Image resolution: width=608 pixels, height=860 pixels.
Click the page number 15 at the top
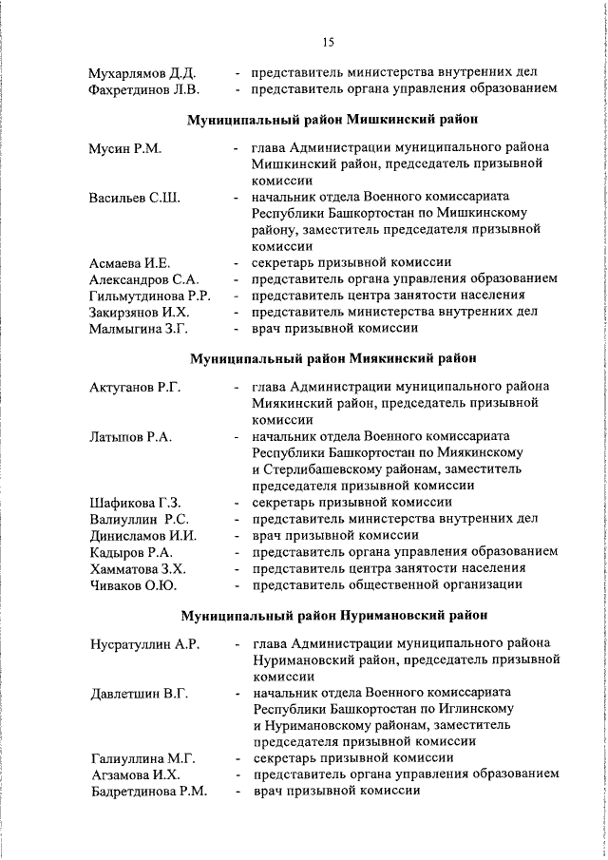point(328,42)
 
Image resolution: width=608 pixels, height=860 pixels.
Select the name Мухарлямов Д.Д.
point(142,72)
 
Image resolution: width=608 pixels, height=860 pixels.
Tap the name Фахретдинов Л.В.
point(143,89)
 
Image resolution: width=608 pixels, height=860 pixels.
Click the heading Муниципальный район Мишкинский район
point(332,121)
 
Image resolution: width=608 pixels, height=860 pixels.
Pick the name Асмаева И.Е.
point(130,263)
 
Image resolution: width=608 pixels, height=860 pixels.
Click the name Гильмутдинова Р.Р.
point(150,296)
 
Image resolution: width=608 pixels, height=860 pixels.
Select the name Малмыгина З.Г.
point(139,329)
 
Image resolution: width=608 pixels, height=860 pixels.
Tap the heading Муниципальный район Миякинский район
point(332,359)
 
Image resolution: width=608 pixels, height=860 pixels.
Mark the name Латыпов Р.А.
point(130,436)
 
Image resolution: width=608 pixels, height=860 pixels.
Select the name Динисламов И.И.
point(142,535)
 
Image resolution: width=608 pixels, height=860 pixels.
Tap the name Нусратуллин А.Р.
point(143,644)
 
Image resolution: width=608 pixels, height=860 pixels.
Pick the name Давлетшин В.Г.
point(137,694)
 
